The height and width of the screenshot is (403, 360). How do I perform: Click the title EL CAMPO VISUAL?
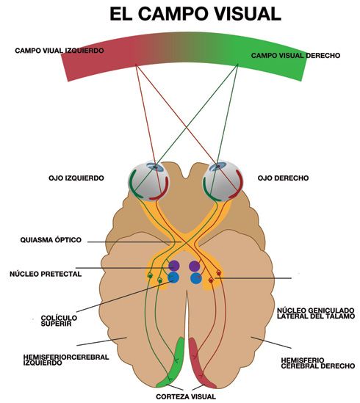point(195,14)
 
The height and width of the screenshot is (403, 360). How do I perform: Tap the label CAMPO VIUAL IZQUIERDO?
point(60,51)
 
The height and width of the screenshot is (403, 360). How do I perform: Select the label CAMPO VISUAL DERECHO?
point(295,56)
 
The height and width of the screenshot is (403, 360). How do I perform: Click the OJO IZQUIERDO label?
point(76,178)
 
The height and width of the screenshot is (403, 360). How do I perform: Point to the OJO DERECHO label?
point(283,178)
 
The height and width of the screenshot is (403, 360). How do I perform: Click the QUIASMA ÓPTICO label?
point(51,240)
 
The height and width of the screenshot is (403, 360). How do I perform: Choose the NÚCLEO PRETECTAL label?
point(46,274)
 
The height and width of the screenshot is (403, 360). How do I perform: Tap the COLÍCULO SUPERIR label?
point(59,321)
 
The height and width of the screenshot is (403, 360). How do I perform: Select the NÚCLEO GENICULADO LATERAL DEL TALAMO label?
point(316,313)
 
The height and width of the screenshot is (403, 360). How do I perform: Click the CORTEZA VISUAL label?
point(186,396)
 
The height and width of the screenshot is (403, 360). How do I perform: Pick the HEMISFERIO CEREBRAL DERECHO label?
point(318,363)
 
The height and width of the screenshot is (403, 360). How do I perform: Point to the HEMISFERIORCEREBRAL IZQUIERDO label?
point(66,360)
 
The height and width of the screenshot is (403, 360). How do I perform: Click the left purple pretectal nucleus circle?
point(173,266)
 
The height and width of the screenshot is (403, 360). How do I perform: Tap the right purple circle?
point(195,266)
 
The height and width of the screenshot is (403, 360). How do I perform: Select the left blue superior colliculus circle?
point(173,277)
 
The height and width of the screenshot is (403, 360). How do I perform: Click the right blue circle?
point(196,278)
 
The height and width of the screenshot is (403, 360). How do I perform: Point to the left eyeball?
point(148,181)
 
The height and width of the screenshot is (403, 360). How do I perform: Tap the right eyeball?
point(223,181)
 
